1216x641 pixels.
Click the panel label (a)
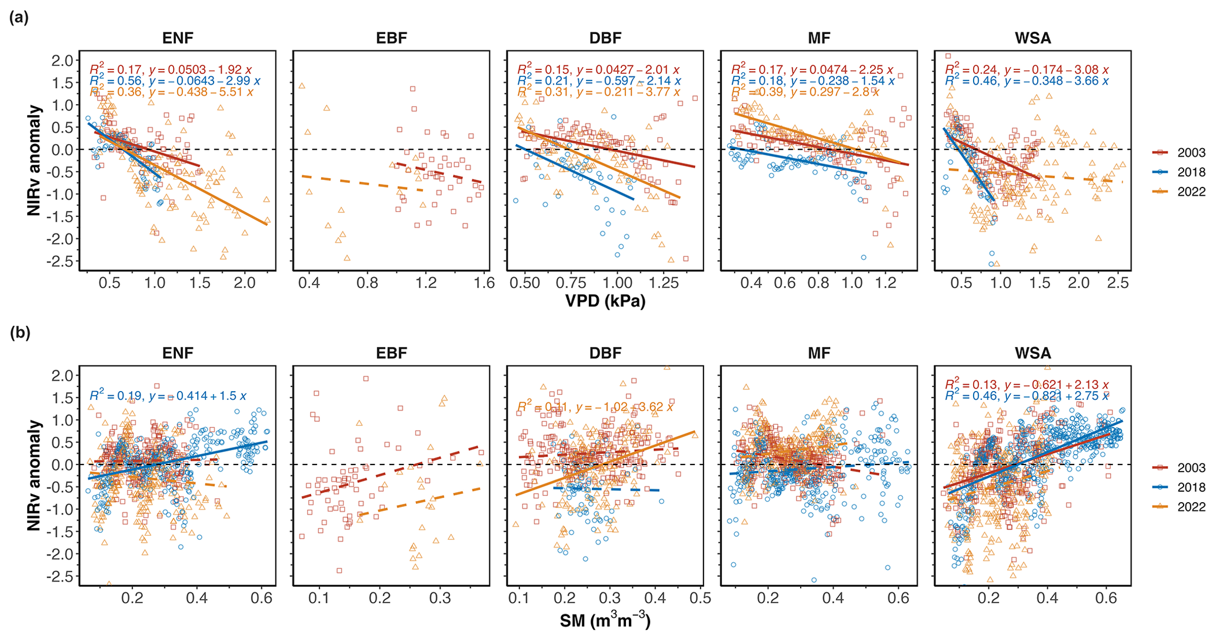click(19, 18)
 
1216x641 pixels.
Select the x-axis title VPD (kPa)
click(605, 301)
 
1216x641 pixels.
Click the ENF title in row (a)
click(178, 39)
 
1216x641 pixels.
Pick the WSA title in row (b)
click(1032, 353)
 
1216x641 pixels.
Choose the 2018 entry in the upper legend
click(1190, 172)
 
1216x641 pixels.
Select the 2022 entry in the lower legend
click(1190, 506)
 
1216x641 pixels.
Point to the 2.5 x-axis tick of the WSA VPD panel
click(1118, 283)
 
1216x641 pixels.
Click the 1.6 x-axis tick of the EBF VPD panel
click(484, 283)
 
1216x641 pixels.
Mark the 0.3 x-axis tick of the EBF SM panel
click(439, 598)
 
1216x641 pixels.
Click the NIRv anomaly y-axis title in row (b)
click(35, 475)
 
